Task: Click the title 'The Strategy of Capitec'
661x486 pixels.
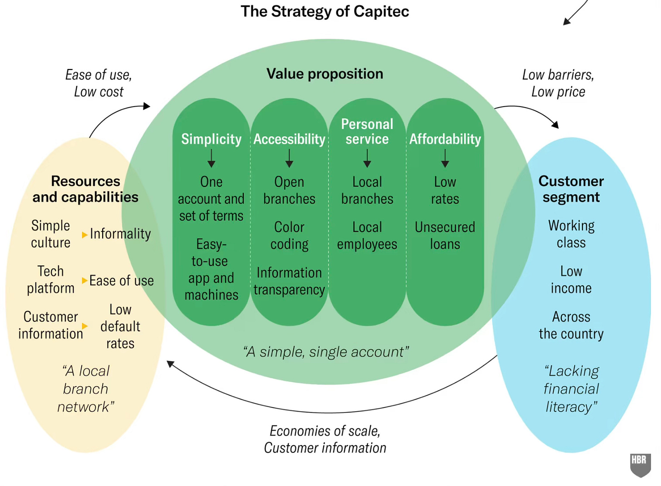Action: coord(325,11)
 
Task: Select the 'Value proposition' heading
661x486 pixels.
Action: coord(325,74)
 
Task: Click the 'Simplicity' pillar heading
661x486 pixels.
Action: coord(211,139)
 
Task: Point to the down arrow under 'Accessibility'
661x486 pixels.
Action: coord(289,158)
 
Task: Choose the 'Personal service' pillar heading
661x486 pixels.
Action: coord(367,131)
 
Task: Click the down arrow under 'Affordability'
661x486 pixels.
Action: coord(445,158)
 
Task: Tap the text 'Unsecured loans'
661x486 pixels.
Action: coord(445,236)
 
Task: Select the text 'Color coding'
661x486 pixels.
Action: coord(289,236)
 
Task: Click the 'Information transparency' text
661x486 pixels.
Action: coord(289,281)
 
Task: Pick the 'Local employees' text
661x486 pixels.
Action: coord(367,236)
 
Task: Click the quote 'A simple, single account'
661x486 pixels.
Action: coord(326,352)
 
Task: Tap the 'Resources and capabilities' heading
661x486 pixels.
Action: coord(85,189)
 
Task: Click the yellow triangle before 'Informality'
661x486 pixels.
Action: coord(84,235)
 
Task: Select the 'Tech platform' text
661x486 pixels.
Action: coord(50,280)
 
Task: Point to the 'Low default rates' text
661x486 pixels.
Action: coord(120,326)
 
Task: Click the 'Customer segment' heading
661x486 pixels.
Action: coord(571,189)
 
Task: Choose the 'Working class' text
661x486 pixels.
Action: coord(571,234)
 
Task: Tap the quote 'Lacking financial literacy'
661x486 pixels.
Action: coord(571,389)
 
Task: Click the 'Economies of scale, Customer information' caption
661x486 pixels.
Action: coord(325,439)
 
